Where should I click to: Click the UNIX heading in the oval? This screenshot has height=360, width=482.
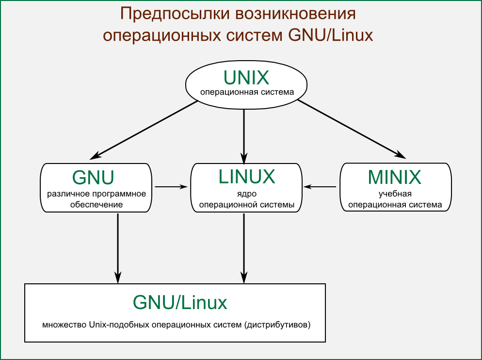coord(246,78)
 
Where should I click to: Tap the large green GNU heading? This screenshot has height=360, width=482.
coord(93,178)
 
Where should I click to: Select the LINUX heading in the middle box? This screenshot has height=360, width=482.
coord(247,177)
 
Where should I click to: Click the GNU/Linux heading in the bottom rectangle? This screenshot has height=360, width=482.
coord(180,303)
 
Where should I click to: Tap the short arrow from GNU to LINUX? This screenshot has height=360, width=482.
coord(170,186)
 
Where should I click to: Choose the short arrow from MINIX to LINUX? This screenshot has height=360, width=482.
coord(320,186)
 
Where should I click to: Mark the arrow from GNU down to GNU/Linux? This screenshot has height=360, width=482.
coord(118,247)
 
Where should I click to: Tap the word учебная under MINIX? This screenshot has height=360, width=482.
coord(395,195)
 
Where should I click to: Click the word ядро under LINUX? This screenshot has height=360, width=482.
coord(247,195)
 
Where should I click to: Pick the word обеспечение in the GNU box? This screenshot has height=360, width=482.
coord(96,205)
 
